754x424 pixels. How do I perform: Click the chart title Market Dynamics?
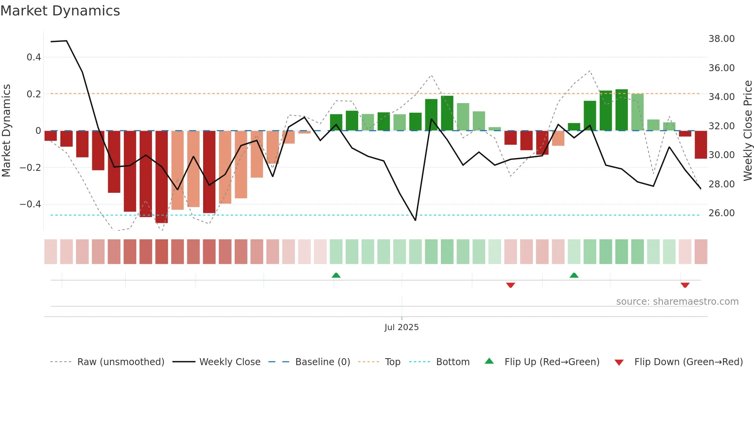[x=60, y=11]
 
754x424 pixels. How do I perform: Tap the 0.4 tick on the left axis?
[x=34, y=57]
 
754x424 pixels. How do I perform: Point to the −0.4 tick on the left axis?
[x=30, y=204]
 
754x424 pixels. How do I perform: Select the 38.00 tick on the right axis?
[x=721, y=39]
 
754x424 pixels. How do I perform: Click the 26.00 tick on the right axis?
[x=721, y=213]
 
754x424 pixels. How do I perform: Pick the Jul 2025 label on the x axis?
[x=401, y=327]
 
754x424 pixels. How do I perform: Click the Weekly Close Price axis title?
[x=747, y=130]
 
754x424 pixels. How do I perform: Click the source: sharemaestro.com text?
[x=677, y=302]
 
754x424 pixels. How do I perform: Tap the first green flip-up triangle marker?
[x=336, y=275]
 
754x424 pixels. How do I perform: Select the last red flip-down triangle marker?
[x=685, y=285]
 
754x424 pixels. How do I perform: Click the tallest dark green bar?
[x=621, y=110]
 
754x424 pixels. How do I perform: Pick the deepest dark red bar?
[x=162, y=177]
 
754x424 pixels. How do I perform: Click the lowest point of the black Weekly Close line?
[x=415, y=220]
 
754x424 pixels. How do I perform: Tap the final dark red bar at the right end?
[x=701, y=145]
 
